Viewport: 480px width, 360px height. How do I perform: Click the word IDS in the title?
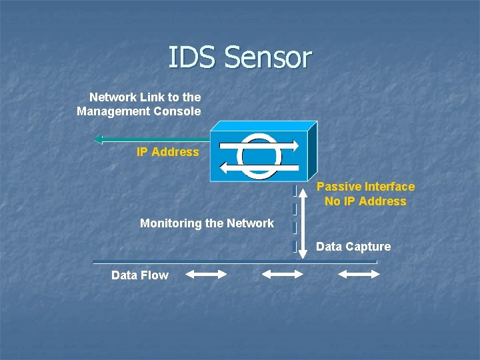pos(193,57)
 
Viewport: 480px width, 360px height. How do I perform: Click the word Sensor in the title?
pos(268,57)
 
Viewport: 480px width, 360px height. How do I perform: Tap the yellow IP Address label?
pos(168,152)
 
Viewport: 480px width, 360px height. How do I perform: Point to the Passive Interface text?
pos(365,187)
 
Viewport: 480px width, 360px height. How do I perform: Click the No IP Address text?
pos(365,201)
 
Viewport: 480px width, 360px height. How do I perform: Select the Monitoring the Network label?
pos(207,223)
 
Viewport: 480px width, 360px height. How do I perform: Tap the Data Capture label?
pos(353,247)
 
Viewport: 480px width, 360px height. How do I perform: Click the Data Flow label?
pos(140,275)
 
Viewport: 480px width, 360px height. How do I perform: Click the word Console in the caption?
pos(179,111)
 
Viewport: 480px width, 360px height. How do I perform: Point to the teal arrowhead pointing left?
pos(99,139)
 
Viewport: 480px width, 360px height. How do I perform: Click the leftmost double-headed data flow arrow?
pos(206,274)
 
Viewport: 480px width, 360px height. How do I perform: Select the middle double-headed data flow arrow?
pos(282,274)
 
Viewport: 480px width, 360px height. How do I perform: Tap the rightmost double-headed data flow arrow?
pos(359,274)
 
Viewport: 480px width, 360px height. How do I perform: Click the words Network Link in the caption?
pos(123,97)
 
